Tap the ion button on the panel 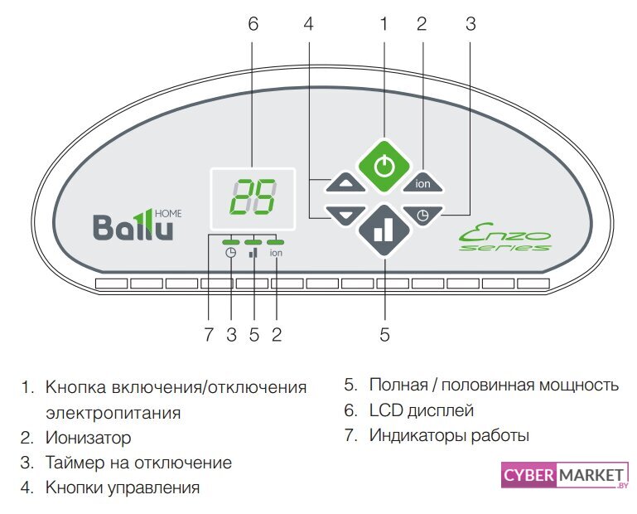click(422, 183)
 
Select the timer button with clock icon click(422, 215)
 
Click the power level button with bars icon click(384, 230)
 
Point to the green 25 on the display click(253, 197)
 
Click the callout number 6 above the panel click(253, 24)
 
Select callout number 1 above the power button click(384, 24)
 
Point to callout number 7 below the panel click(209, 334)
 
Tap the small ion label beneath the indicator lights click(276, 254)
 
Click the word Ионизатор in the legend click(88, 437)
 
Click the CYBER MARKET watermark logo click(564, 478)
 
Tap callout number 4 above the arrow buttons click(308, 24)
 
